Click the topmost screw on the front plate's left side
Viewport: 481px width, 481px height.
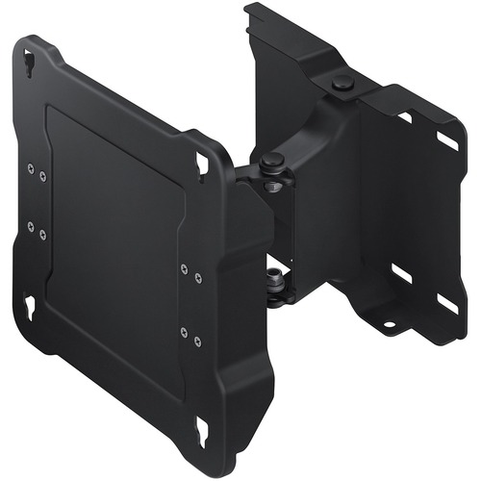(x=31, y=171)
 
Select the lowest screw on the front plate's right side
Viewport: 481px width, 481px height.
(x=197, y=339)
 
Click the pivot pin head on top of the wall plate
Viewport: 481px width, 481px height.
(x=342, y=85)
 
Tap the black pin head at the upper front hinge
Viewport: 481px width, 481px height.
(x=273, y=159)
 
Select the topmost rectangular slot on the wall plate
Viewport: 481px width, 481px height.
(x=405, y=117)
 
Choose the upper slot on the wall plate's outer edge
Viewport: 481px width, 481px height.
(x=446, y=141)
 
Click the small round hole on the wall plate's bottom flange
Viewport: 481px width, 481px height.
(x=389, y=324)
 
